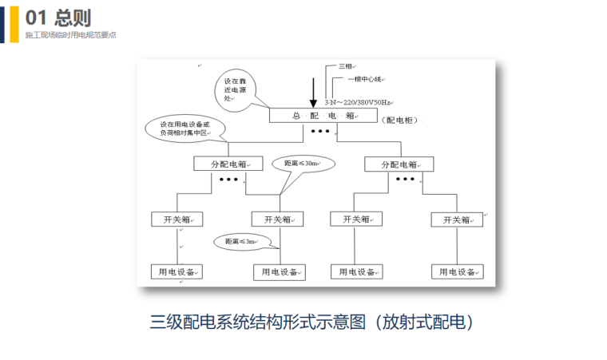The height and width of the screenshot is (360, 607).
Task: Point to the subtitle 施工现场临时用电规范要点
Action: click(x=70, y=36)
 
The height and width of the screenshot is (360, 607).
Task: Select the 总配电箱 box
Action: click(x=323, y=116)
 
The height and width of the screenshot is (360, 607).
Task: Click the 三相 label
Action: click(x=345, y=67)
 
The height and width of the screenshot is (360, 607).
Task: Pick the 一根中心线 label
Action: click(x=364, y=80)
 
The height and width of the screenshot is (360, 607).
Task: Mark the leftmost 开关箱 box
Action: click(x=177, y=219)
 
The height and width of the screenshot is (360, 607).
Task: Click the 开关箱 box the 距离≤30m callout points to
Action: click(x=277, y=219)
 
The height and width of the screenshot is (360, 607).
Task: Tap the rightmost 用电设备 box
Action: click(x=457, y=272)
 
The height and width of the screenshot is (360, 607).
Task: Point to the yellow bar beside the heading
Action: click(x=14, y=24)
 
